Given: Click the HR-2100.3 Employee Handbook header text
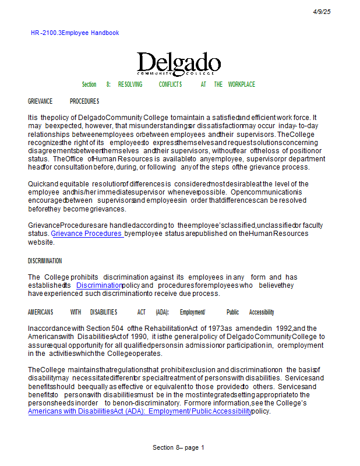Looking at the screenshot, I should tap(75, 33).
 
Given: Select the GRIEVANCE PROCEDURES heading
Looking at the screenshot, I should tap(63, 101).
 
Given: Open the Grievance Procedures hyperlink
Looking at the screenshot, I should tap(87, 234).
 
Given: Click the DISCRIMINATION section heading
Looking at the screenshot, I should tap(45, 261).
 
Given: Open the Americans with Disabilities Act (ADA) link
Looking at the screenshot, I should tap(139, 411).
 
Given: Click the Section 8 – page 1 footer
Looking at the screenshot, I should tap(178, 447).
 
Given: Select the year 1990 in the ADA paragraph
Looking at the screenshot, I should tap(139, 337).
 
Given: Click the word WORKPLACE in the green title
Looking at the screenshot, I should tap(241, 84).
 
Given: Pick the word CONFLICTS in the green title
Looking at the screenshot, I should tap(171, 84).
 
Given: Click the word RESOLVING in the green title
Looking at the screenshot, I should tap(130, 84).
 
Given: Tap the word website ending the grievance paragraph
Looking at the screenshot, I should tap(41, 242).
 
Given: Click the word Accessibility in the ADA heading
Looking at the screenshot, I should tap(262, 312).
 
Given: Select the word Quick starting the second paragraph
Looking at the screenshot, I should tap(37, 184).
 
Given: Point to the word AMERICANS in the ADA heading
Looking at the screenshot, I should tap(40, 312).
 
